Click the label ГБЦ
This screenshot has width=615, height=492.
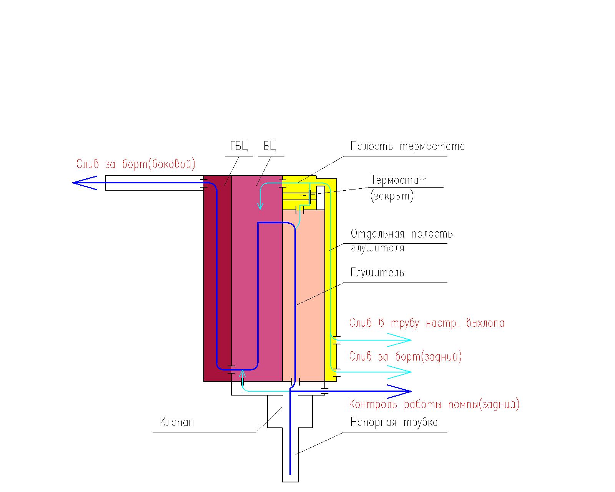click(239, 146)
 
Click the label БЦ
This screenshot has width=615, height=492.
click(270, 146)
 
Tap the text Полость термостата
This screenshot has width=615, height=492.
click(407, 146)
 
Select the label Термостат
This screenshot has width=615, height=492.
click(399, 180)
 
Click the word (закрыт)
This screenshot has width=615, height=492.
click(392, 196)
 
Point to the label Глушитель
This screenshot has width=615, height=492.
click(377, 273)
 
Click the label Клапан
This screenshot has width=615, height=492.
click(177, 422)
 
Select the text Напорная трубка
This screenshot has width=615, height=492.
click(394, 422)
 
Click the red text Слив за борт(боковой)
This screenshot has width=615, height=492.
click(136, 165)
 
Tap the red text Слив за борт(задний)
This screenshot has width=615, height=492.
click(406, 357)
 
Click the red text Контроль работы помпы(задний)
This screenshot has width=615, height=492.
click(434, 404)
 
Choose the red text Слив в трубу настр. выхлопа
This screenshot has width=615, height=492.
click(427, 323)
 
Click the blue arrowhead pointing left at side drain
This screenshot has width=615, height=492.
click(84, 183)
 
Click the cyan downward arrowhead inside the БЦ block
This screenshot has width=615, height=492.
click(261, 205)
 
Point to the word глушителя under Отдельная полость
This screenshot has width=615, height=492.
click(377, 248)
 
